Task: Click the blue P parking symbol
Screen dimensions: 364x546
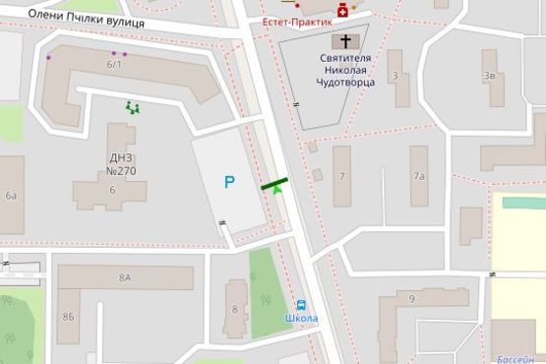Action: tap(229, 182)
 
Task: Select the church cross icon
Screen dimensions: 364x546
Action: tap(344, 41)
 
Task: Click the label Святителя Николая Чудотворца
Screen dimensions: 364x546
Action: tap(344, 71)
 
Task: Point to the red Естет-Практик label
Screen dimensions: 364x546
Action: tap(297, 22)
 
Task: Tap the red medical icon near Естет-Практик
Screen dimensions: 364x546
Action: tap(342, 10)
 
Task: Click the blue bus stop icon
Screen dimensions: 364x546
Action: tap(301, 305)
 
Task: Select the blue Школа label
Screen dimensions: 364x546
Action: tap(301, 319)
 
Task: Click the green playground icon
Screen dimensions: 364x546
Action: tap(132, 107)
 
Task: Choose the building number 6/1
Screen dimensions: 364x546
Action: tap(114, 65)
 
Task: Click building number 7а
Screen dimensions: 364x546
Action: tap(419, 176)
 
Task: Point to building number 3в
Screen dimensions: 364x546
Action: tap(488, 75)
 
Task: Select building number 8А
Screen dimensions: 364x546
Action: tap(125, 278)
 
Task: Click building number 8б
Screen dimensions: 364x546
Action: tap(68, 317)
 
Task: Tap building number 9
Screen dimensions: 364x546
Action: tap(411, 298)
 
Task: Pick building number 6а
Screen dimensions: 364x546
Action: tap(11, 196)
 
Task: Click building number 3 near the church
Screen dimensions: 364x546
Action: tap(394, 75)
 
